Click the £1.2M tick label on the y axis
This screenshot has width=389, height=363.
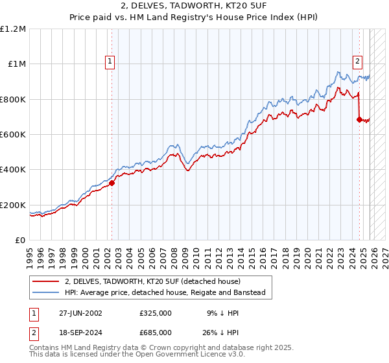coord(14,29)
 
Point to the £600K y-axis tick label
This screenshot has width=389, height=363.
coord(13,135)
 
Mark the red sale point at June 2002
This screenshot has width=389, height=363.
coord(112,183)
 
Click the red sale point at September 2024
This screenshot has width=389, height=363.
coord(359,119)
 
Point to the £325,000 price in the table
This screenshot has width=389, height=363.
coord(156,312)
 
